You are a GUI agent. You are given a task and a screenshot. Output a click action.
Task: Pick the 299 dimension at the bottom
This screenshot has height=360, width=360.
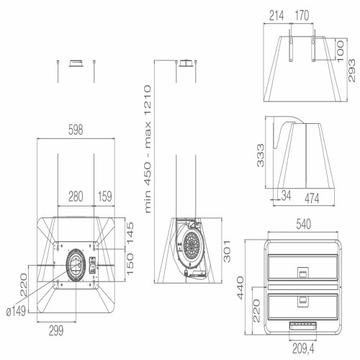pyautogui.click(x=56, y=331)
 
